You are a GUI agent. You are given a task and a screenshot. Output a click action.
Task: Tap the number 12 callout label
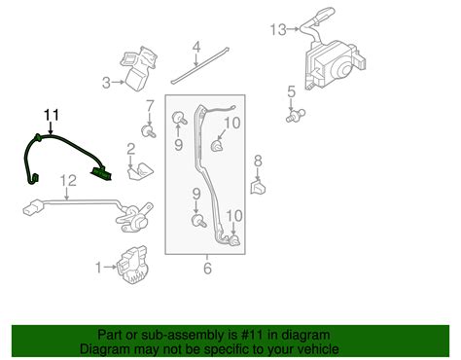coord(67,180)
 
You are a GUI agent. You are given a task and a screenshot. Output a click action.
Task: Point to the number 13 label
coord(277,30)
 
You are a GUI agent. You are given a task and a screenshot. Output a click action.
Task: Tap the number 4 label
coord(195,46)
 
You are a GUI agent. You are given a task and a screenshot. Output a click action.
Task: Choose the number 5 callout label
coord(289,92)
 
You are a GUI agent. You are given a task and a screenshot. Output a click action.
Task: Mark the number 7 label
coord(149,105)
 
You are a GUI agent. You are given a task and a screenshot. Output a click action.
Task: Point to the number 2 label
coord(129,149)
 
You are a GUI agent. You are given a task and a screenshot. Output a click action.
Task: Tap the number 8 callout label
coord(258,161)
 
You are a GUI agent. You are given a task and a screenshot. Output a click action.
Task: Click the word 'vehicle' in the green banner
coord(312,348)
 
